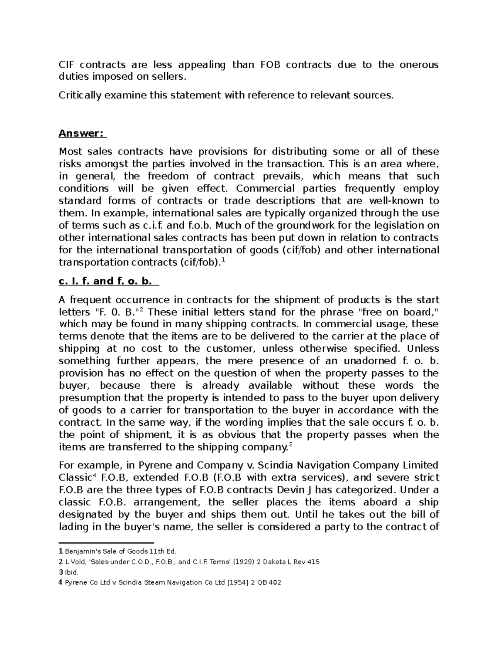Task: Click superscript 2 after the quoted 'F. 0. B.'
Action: [x=140, y=309]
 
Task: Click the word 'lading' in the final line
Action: [x=73, y=527]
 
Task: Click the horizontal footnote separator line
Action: [x=106, y=542]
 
